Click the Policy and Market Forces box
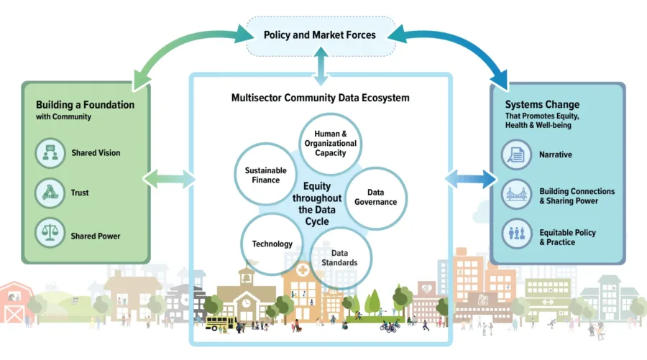coord(320,34)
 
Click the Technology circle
coord(272,244)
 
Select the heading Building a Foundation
coord(85,105)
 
